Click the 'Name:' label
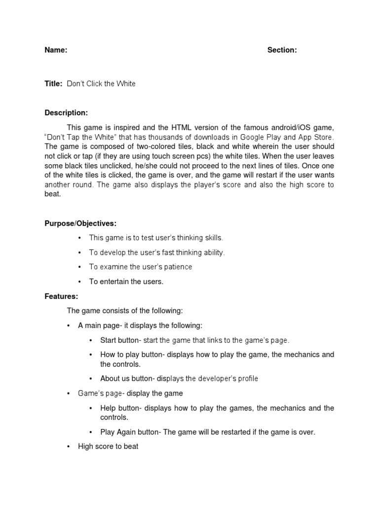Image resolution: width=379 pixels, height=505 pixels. tap(56, 50)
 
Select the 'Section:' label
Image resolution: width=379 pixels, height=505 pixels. tap(282, 50)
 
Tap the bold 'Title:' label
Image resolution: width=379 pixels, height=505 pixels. tap(53, 84)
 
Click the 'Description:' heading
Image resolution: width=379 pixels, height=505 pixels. tap(66, 113)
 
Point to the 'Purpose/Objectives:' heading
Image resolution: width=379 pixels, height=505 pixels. tap(81, 223)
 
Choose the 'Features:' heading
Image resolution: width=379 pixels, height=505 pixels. tap(61, 296)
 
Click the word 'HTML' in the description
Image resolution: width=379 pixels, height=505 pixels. tap(211, 127)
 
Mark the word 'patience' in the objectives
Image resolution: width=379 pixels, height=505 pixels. tap(175, 267)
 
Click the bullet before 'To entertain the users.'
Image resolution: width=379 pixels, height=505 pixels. tap(79, 282)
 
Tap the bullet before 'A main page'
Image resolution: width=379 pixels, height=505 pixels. tap(68, 325)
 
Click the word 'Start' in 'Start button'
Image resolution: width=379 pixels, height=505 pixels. tap(108, 340)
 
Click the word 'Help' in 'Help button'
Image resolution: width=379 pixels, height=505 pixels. tap(108, 408)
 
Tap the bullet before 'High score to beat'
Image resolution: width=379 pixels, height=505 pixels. tap(68, 446)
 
